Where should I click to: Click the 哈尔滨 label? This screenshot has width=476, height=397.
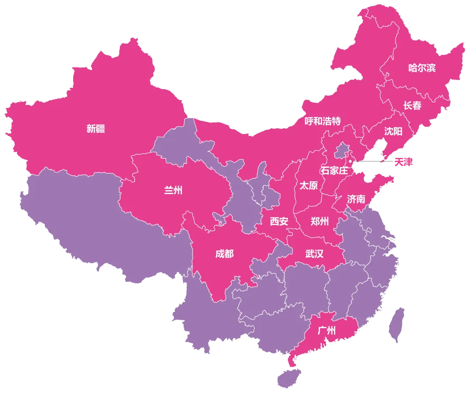[422, 68]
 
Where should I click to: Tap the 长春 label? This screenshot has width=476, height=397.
[412, 105]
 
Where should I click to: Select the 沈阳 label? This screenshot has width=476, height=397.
[393, 131]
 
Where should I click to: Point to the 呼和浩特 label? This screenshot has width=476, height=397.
[323, 121]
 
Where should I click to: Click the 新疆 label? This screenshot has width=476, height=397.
[96, 129]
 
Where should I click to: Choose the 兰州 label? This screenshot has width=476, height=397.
[173, 190]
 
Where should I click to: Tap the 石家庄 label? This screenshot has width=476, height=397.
[334, 170]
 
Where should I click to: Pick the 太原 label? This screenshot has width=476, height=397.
[309, 185]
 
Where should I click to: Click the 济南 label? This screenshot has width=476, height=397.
[356, 199]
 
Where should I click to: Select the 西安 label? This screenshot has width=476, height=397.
[279, 221]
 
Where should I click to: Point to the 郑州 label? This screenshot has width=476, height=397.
[320, 221]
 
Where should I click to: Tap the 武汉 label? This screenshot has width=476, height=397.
[314, 254]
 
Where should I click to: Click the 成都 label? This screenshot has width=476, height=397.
[224, 254]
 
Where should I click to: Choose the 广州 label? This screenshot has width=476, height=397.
[327, 330]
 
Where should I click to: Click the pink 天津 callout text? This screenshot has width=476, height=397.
[404, 162]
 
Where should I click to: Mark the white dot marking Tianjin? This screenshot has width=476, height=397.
[350, 161]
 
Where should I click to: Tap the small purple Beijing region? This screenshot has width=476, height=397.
[341, 151]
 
